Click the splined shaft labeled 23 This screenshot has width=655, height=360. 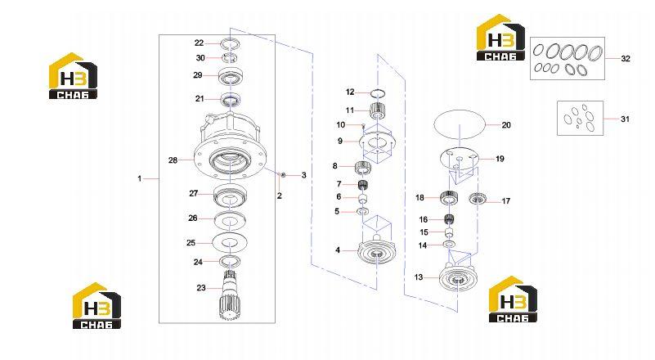[x=229, y=295]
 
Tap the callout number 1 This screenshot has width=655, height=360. [x=140, y=178]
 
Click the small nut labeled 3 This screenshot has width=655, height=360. [x=283, y=174]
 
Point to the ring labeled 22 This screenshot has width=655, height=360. [x=230, y=43]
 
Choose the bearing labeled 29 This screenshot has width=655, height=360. [x=231, y=76]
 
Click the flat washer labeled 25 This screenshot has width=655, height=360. [x=229, y=242]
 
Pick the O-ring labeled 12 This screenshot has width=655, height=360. [x=378, y=92]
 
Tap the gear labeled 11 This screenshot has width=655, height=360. [x=378, y=110]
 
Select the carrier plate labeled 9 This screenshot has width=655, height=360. [x=378, y=142]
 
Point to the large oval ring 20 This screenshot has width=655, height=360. [x=460, y=125]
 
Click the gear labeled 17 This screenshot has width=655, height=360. [x=476, y=199]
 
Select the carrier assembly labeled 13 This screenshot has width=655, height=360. [x=458, y=277]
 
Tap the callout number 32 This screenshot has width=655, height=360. [x=626, y=59]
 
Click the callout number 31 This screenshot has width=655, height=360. [x=625, y=119]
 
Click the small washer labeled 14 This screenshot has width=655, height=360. [x=450, y=244]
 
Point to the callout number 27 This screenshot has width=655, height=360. [x=194, y=194]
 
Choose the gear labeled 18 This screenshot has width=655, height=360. [x=450, y=198]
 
